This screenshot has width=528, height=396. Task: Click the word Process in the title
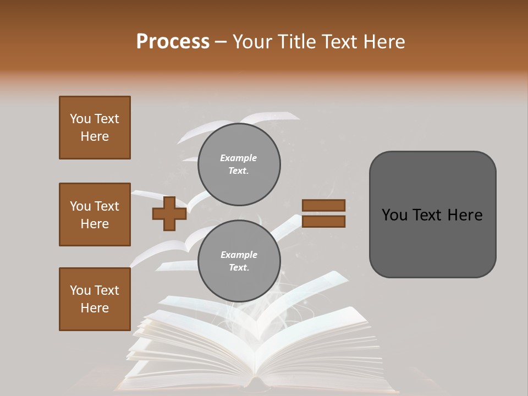tap(173, 42)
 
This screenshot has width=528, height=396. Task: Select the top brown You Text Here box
tap(95, 128)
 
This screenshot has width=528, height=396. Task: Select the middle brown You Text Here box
tap(95, 215)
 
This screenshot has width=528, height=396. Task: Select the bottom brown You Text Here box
tap(95, 299)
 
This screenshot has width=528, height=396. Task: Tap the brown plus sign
tap(169, 215)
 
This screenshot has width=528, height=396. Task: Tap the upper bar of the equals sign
tap(323, 205)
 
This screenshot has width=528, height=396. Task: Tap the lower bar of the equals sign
tap(323, 222)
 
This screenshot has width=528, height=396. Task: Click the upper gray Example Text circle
tap(239, 164)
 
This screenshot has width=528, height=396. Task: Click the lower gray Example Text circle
tap(239, 261)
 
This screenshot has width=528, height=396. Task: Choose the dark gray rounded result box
tap(432, 215)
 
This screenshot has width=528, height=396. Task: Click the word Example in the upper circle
tap(239, 158)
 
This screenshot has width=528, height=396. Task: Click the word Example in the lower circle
tap(239, 255)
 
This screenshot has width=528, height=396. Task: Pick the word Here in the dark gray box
tap(463, 215)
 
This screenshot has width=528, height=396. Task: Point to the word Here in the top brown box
tap(95, 136)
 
